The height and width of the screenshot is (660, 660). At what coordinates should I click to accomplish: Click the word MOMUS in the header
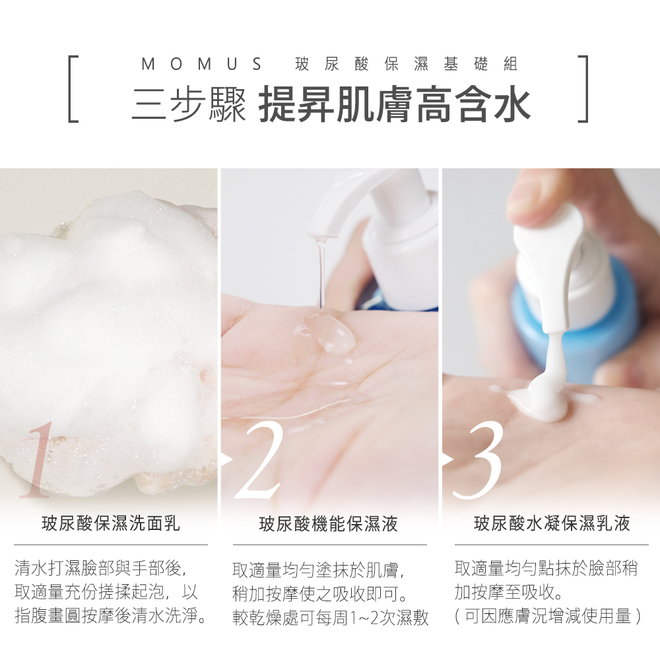point(201,64)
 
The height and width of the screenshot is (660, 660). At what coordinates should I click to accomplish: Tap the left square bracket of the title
point(70,89)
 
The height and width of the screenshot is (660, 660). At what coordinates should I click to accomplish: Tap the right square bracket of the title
point(584,89)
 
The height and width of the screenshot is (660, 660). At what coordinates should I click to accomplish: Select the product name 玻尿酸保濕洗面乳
point(111,523)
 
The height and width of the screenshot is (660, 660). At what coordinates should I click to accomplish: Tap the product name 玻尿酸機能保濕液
point(328,524)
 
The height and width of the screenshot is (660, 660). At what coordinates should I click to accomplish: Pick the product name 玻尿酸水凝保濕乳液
point(552,523)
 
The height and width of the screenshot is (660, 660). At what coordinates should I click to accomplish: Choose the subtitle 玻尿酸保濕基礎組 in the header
point(406,64)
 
